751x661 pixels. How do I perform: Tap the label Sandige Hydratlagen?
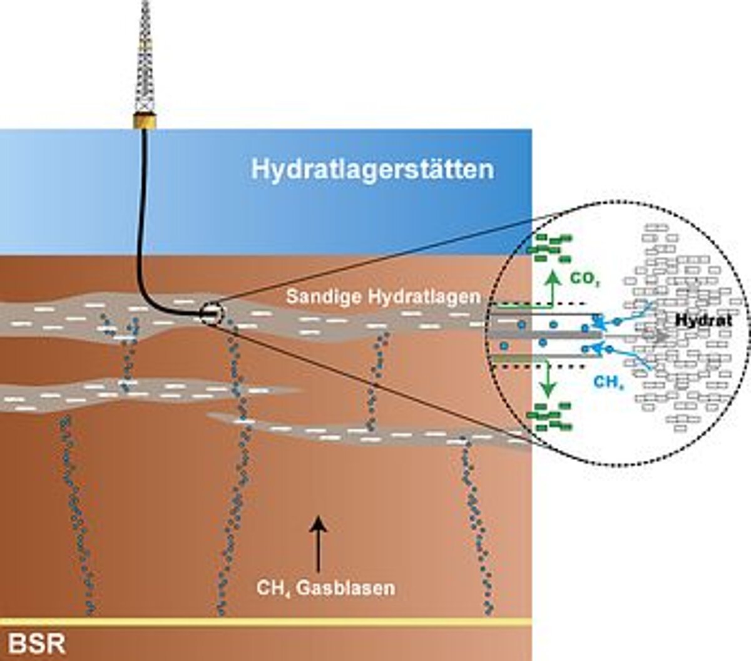click(x=383, y=297)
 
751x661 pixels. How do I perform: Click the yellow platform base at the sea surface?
click(x=145, y=121)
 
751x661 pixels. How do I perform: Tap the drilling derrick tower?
click(x=145, y=56)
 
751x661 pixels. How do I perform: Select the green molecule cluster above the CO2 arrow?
click(x=549, y=247)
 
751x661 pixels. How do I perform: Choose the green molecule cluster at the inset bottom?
click(x=549, y=417)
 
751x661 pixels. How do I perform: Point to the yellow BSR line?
click(x=266, y=622)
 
